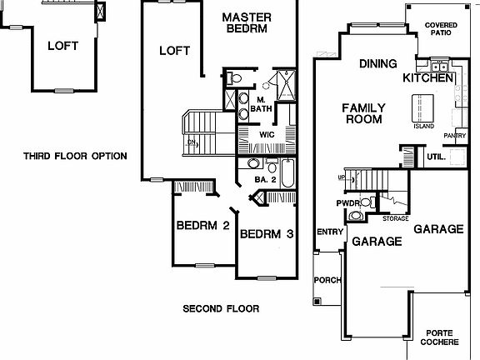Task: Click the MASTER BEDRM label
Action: coord(243,22)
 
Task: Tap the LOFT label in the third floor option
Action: coord(62,46)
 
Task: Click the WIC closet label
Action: coord(267,133)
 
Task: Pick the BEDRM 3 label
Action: coord(266,234)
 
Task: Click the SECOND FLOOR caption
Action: coord(221,309)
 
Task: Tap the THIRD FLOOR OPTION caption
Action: coord(75,156)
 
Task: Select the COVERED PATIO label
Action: coord(442,30)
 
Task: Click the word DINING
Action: coord(377,63)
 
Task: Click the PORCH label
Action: coord(327,280)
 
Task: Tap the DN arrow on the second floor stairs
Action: coord(192,142)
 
